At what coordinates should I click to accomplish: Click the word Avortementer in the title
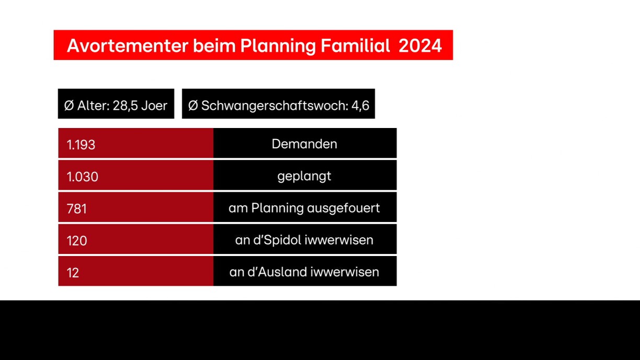click(128, 45)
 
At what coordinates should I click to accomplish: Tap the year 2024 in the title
click(420, 45)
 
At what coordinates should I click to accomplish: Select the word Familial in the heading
click(355, 45)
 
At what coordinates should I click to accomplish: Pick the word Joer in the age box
click(154, 106)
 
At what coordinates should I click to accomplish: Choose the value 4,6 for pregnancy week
click(360, 106)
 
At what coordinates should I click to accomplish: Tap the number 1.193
click(81, 145)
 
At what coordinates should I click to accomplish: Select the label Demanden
click(304, 144)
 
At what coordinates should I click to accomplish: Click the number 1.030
click(82, 177)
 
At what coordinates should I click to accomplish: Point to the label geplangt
click(304, 177)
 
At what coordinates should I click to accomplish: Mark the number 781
click(76, 208)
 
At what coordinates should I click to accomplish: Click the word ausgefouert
click(344, 208)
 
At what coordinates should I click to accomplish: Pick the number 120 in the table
click(76, 241)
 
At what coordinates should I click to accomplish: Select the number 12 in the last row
click(73, 273)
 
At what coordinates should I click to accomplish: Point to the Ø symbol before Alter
click(69, 106)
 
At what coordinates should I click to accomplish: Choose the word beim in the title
click(214, 45)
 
